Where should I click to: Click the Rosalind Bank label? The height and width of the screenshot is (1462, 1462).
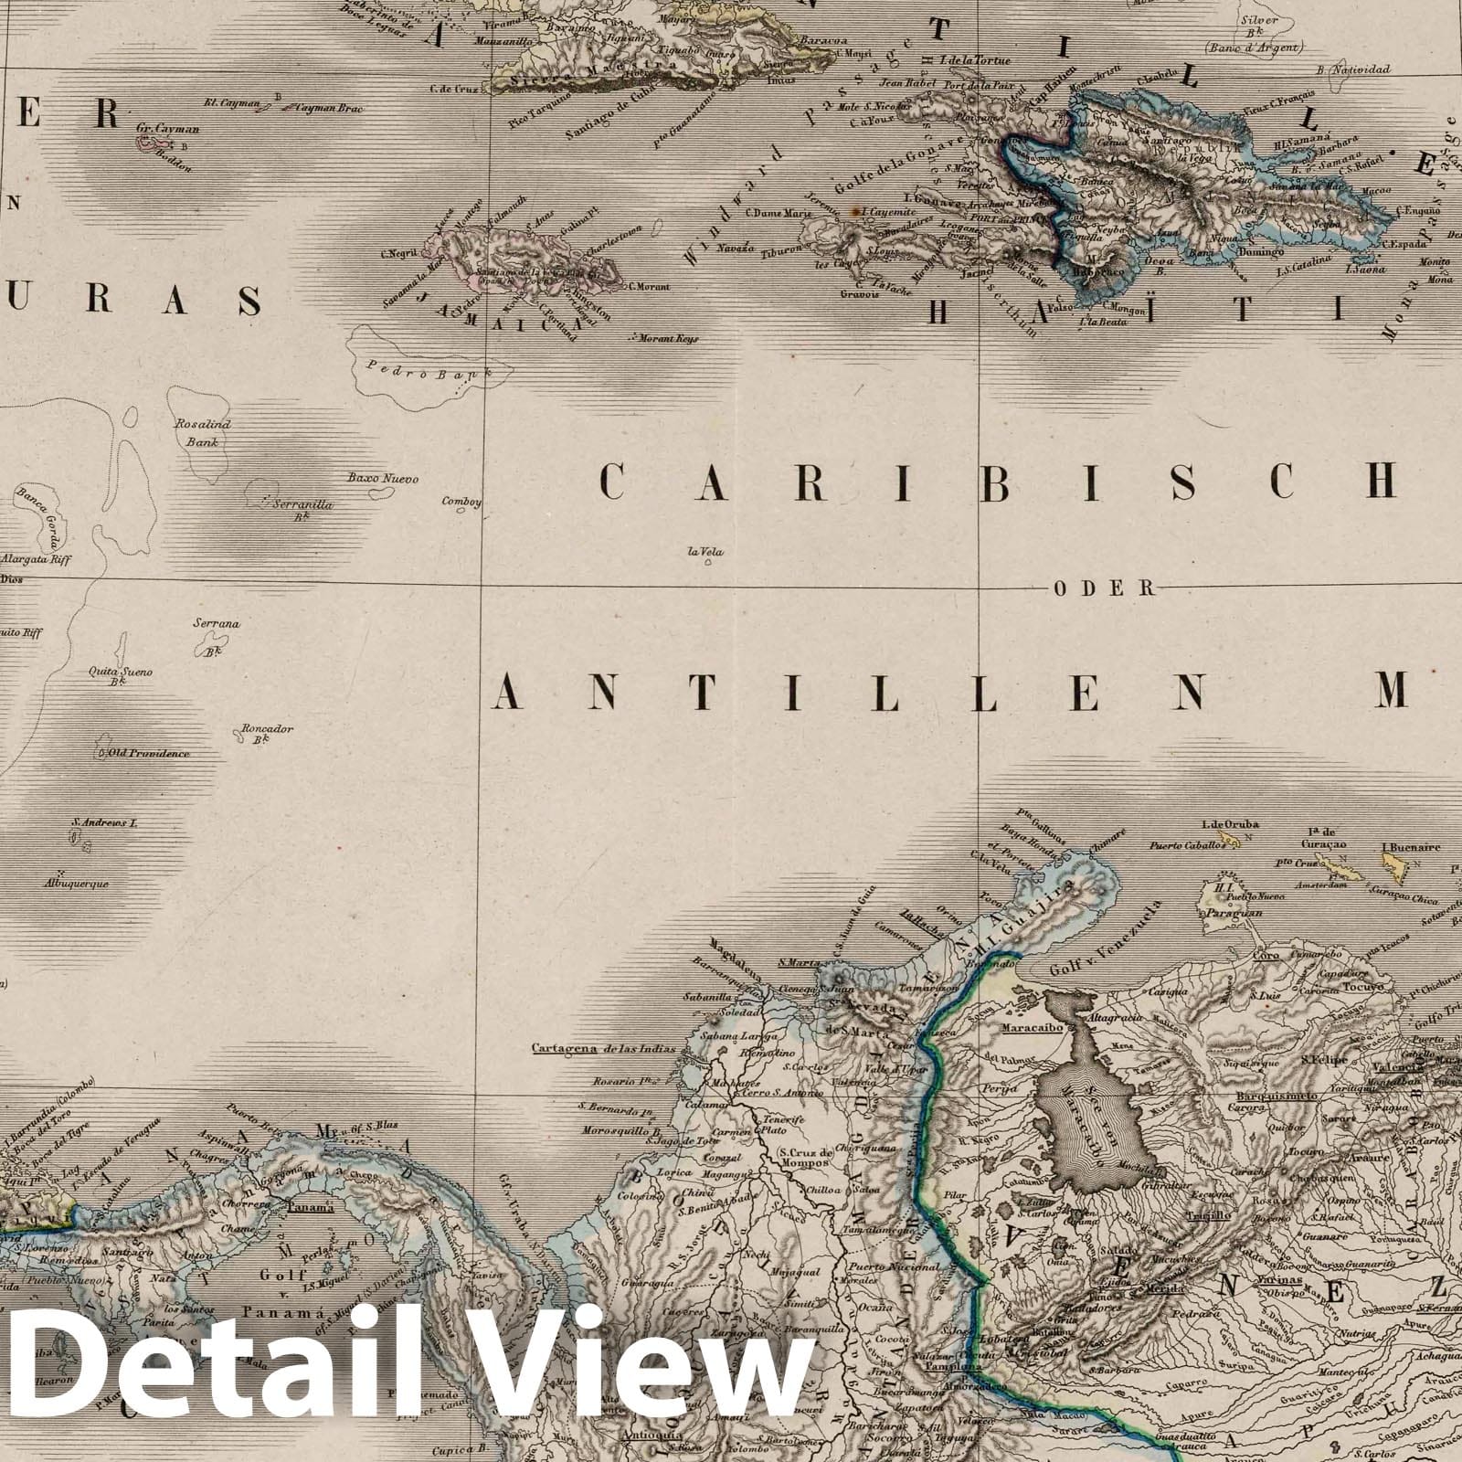click(x=203, y=433)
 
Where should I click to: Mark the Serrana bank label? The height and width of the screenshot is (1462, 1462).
click(x=217, y=624)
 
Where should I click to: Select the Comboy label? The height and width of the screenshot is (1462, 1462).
click(x=461, y=501)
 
